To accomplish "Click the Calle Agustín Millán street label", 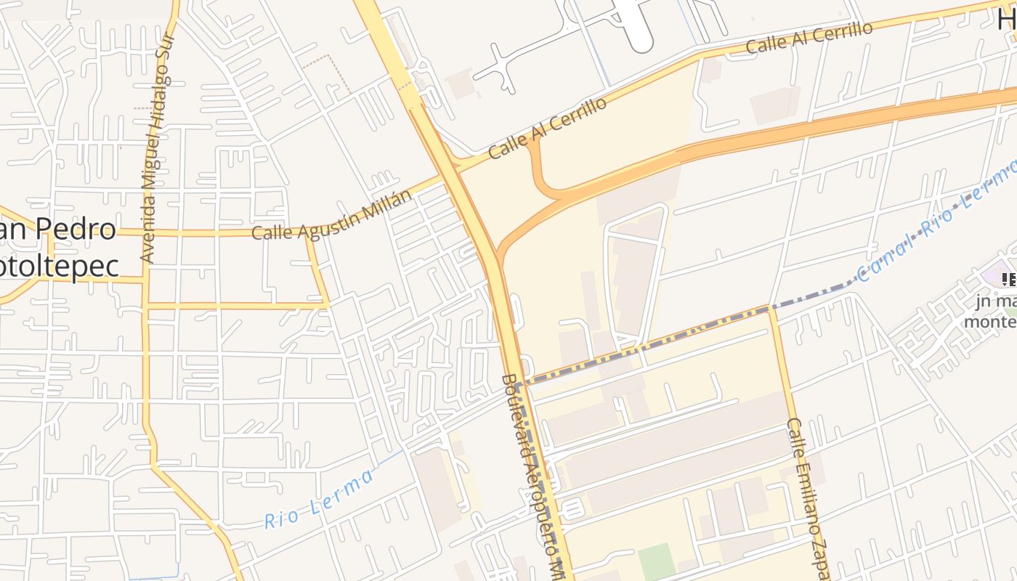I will coord(331,215).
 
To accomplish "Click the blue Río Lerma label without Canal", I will coord(319,499).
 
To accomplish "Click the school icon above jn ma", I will coord(1008,279).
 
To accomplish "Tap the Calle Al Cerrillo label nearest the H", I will coord(809,38).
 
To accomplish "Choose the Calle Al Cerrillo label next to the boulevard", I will coord(548,129).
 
